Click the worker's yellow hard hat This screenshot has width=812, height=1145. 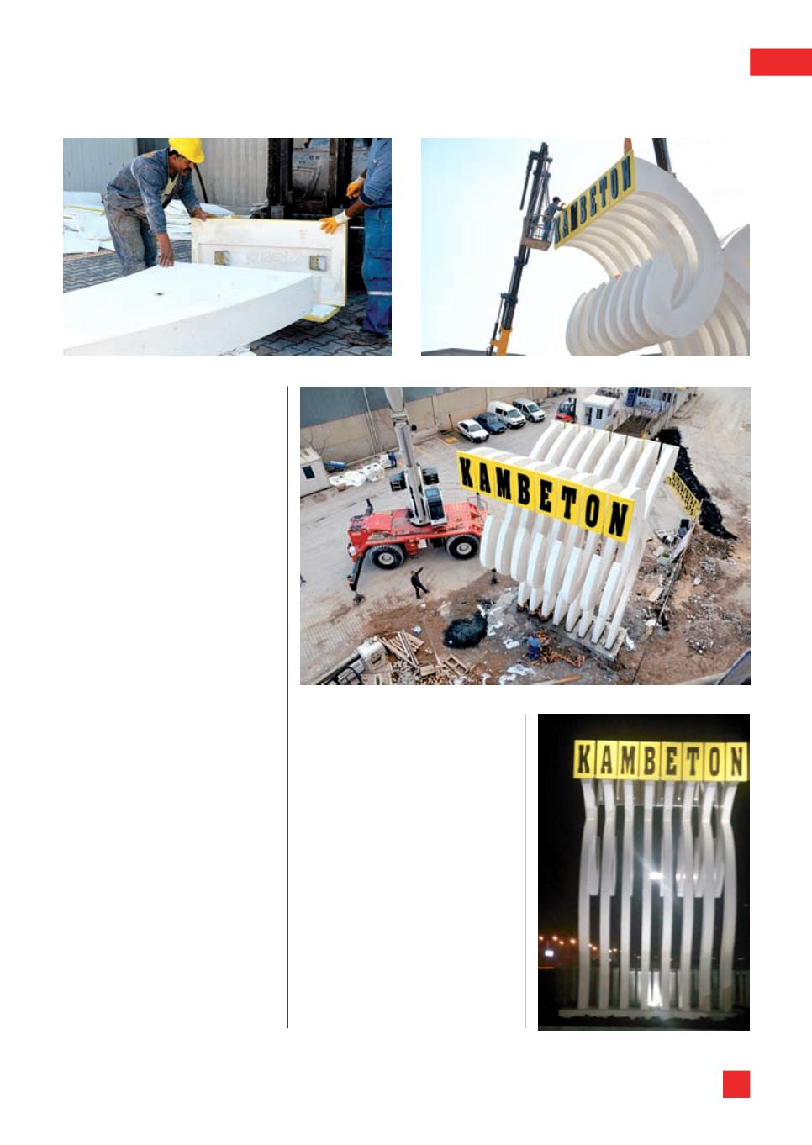[x=187, y=150]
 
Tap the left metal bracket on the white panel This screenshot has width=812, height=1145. [x=221, y=257]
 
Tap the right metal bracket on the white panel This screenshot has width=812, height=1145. [x=318, y=263]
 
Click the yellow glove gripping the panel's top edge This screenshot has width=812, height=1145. [x=333, y=222]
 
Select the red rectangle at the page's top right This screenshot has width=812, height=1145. [x=780, y=62]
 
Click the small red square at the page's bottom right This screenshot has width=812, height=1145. [x=736, y=1084]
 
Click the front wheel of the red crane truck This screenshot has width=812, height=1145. [x=387, y=556]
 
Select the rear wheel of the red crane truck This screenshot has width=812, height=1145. [x=463, y=546]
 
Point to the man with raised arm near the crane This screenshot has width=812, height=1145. [x=419, y=583]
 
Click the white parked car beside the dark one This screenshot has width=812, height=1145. [x=472, y=430]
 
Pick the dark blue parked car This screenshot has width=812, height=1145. [x=490, y=423]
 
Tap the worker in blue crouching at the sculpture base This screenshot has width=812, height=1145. [x=533, y=646]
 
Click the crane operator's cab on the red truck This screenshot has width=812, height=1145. [x=435, y=503]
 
